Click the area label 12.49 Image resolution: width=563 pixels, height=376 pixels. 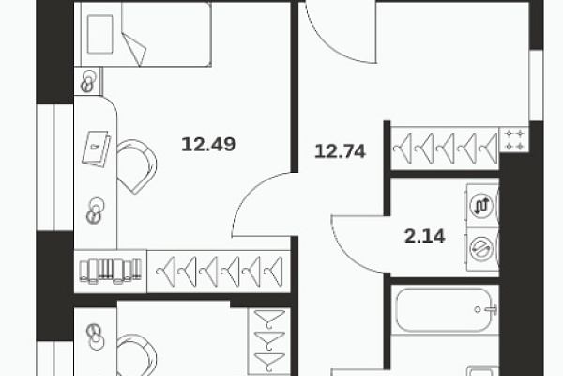[208, 144]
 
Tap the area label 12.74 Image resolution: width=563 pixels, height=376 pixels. [340, 151]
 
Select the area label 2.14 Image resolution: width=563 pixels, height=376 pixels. [425, 236]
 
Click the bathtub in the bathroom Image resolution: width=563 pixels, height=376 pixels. [444, 310]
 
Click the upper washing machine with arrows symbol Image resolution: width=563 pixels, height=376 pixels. [482, 206]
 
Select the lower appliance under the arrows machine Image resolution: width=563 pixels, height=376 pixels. [482, 249]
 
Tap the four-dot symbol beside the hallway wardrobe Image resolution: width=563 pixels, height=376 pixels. [514, 140]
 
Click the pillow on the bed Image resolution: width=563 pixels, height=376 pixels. [99, 35]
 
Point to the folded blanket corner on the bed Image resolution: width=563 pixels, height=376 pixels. [134, 49]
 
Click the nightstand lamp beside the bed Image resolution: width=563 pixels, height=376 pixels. [88, 82]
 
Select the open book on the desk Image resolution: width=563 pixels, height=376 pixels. [96, 149]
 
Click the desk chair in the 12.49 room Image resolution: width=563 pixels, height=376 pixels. [136, 166]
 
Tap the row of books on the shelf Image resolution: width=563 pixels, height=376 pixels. [110, 271]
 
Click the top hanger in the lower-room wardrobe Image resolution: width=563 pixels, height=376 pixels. [269, 320]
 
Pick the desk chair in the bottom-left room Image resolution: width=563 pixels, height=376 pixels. [137, 355]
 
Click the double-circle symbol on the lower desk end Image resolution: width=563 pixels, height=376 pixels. [95, 337]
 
